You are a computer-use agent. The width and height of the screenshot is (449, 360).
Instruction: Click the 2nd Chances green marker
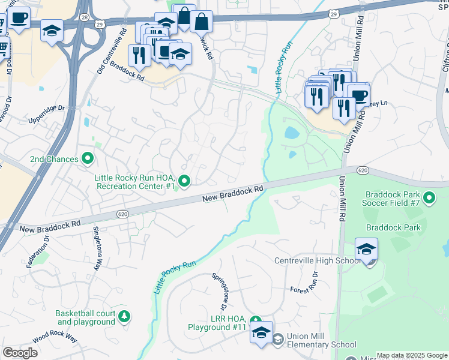point(88,159)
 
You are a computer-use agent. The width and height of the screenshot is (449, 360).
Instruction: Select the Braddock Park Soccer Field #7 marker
point(429,197)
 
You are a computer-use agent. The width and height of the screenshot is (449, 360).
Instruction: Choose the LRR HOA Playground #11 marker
point(255,322)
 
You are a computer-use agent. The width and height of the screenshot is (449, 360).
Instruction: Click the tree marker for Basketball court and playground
point(124,316)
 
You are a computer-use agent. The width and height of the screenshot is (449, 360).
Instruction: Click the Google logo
point(20,352)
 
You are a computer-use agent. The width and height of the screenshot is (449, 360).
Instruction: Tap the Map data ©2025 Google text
point(412,355)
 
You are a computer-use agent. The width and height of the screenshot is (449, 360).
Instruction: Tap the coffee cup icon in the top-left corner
point(18,18)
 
